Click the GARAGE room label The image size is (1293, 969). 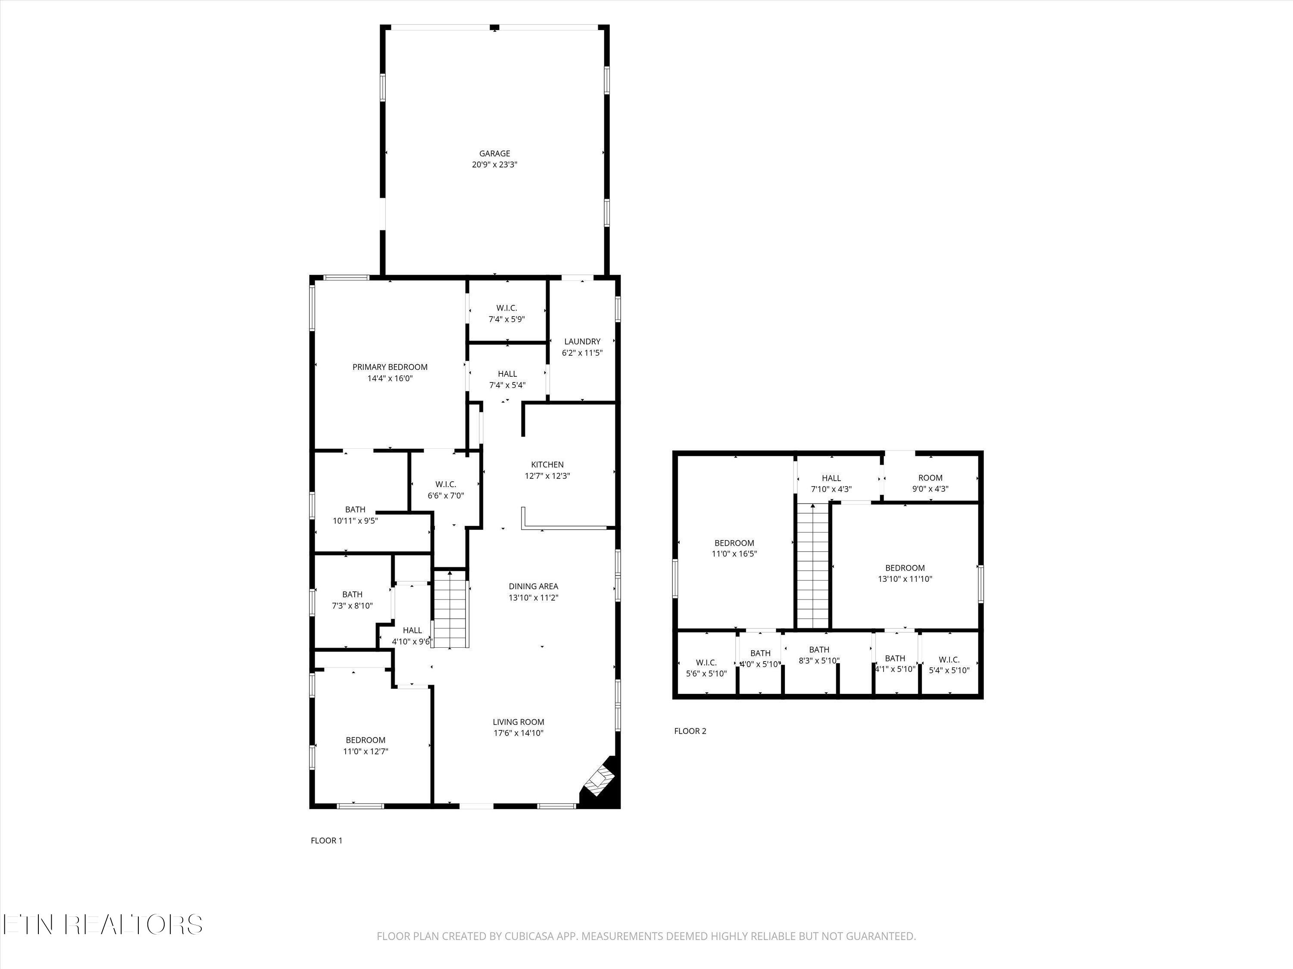(494, 154)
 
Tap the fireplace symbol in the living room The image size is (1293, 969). (600, 780)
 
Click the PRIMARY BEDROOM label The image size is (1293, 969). (390, 367)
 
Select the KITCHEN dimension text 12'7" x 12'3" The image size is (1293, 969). (547, 476)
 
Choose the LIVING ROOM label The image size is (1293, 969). (518, 722)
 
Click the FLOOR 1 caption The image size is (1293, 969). (326, 841)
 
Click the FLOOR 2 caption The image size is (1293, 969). (690, 731)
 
